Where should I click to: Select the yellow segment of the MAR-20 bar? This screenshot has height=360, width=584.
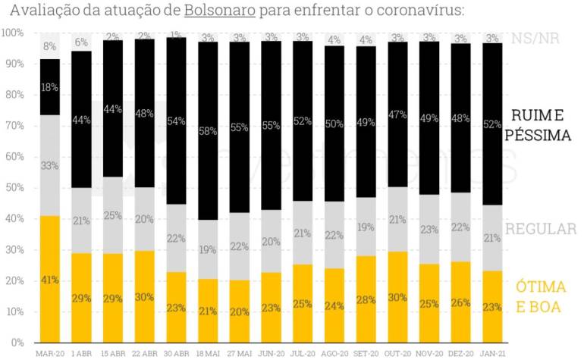[50, 279]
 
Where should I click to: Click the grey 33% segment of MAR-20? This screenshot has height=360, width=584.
[50, 165]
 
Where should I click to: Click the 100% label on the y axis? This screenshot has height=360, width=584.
[13, 33]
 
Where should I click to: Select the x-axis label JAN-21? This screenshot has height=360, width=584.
[492, 353]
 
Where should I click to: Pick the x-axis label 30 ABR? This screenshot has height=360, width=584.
[177, 353]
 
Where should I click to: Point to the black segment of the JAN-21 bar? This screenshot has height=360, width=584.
[492, 124]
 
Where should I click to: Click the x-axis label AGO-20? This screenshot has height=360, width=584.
[334, 353]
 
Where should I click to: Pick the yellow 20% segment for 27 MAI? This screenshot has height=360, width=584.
[240, 311]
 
